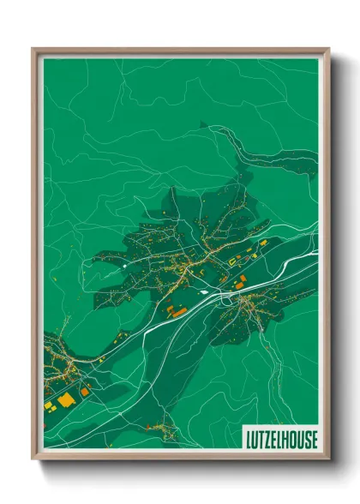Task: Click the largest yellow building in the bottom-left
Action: click(66, 399)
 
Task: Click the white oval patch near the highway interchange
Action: click(225, 299)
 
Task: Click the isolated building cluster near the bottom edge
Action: click(165, 431)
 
